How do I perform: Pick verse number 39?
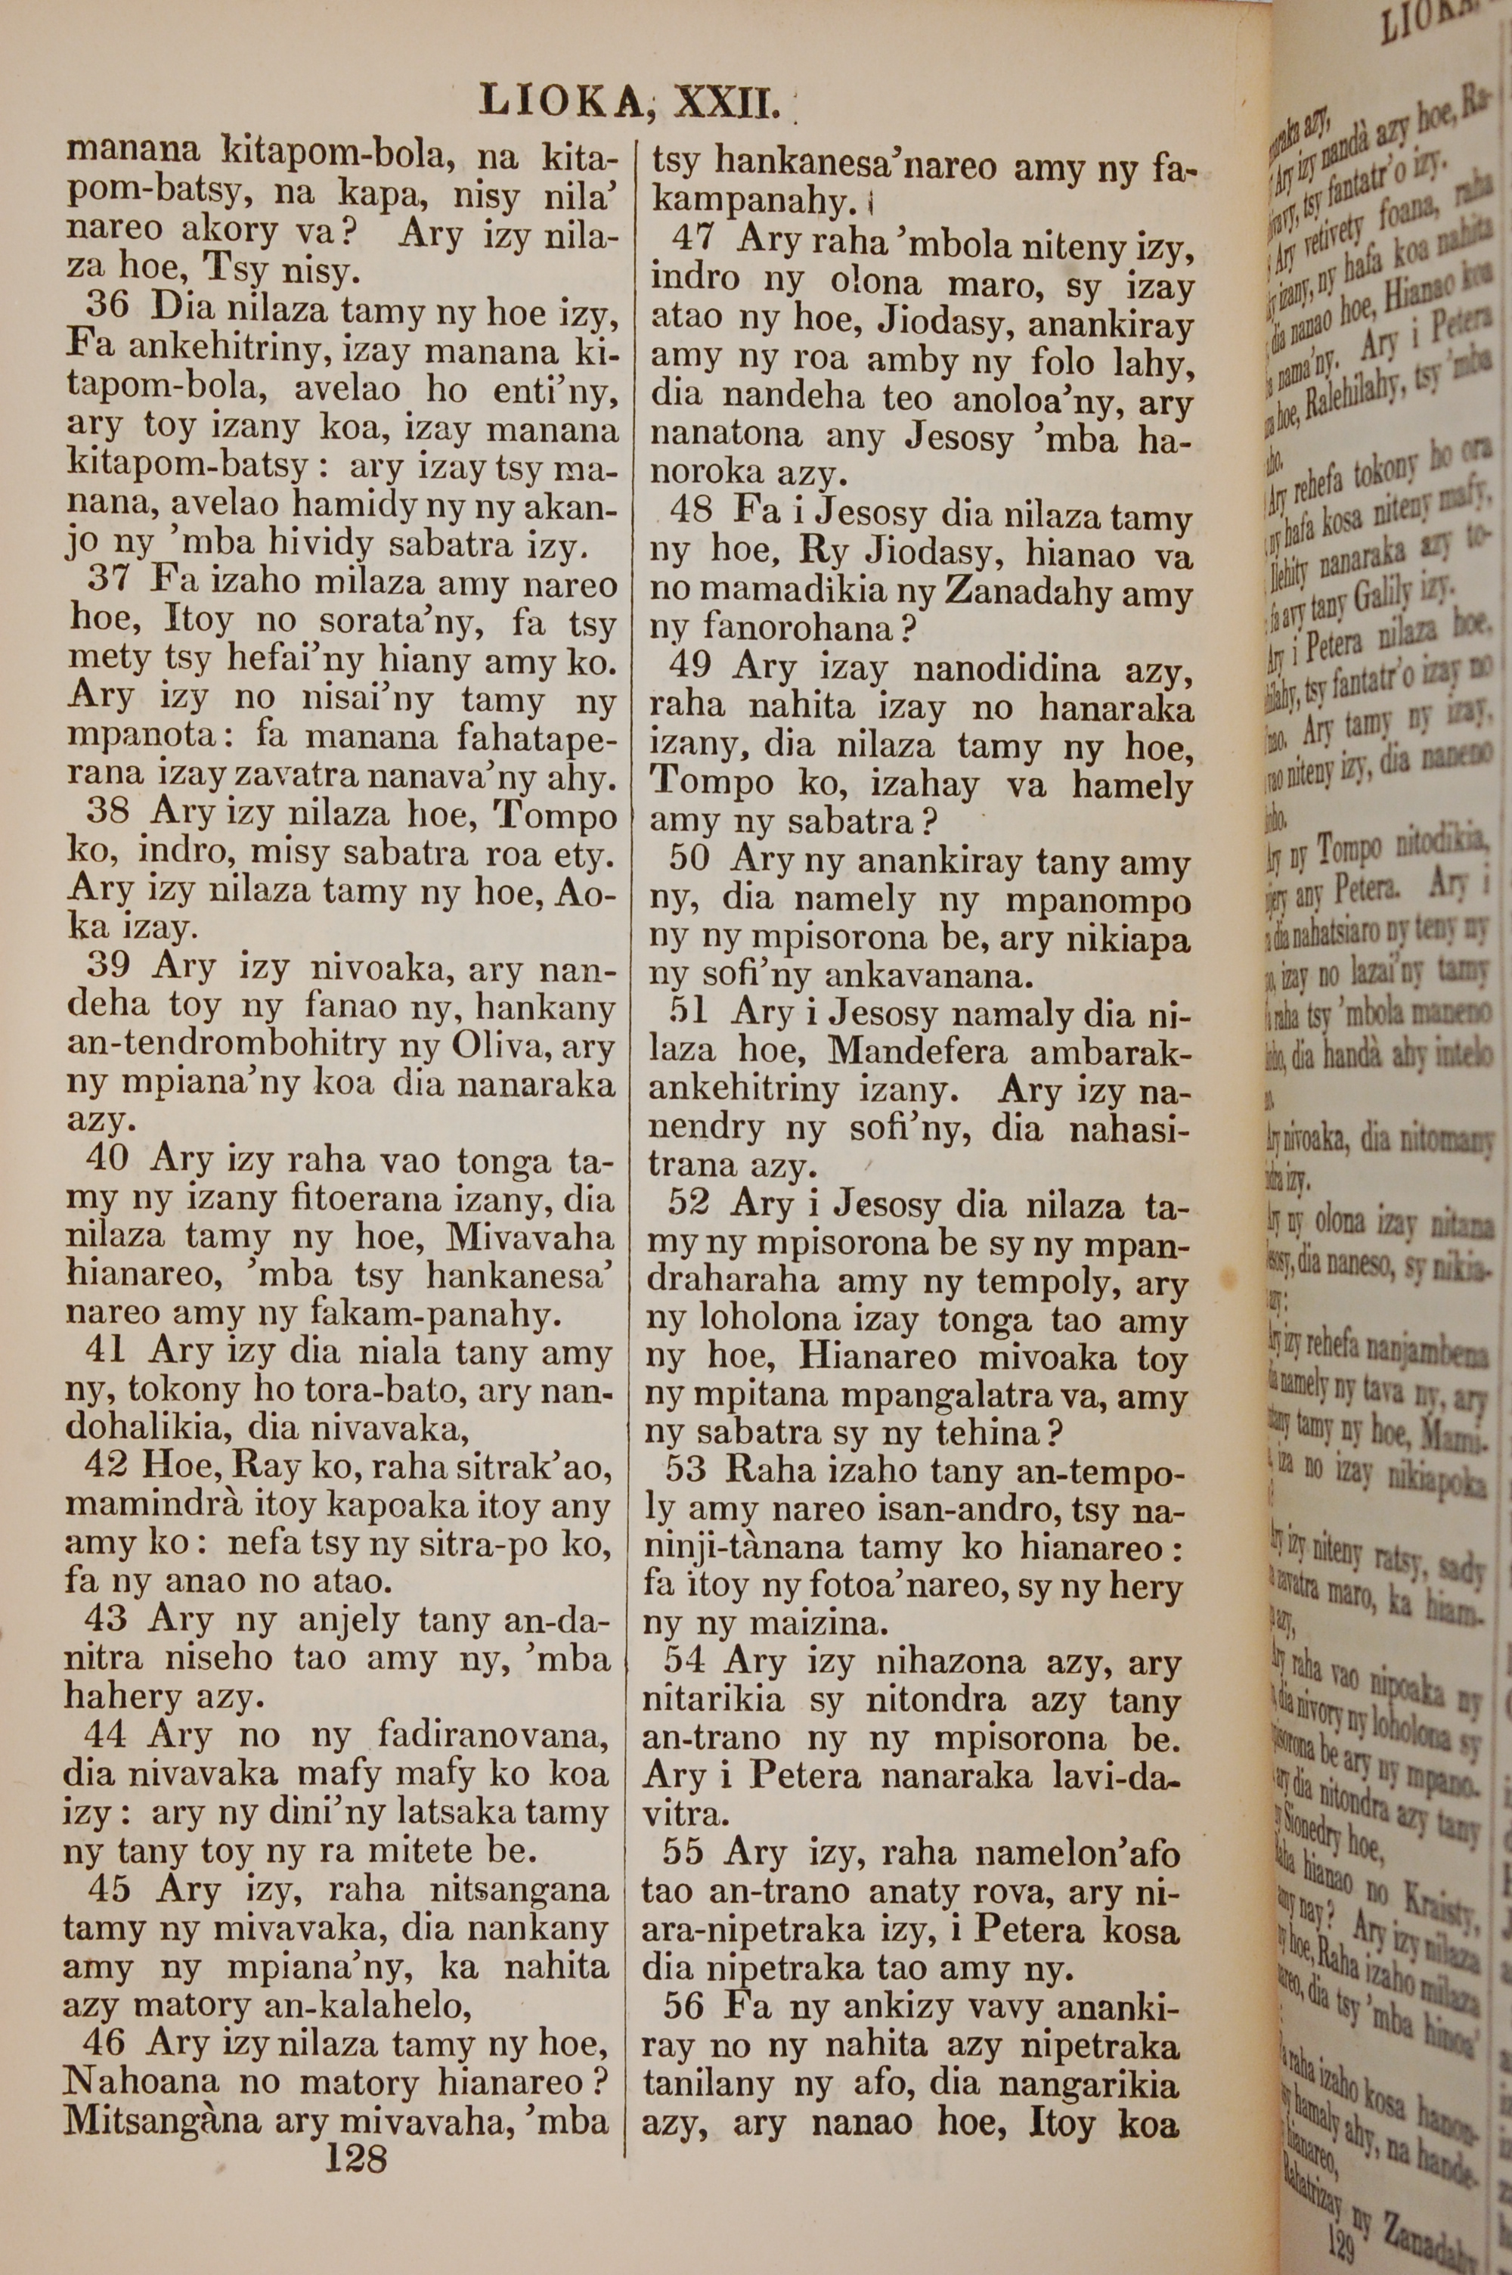pyautogui.click(x=108, y=965)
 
